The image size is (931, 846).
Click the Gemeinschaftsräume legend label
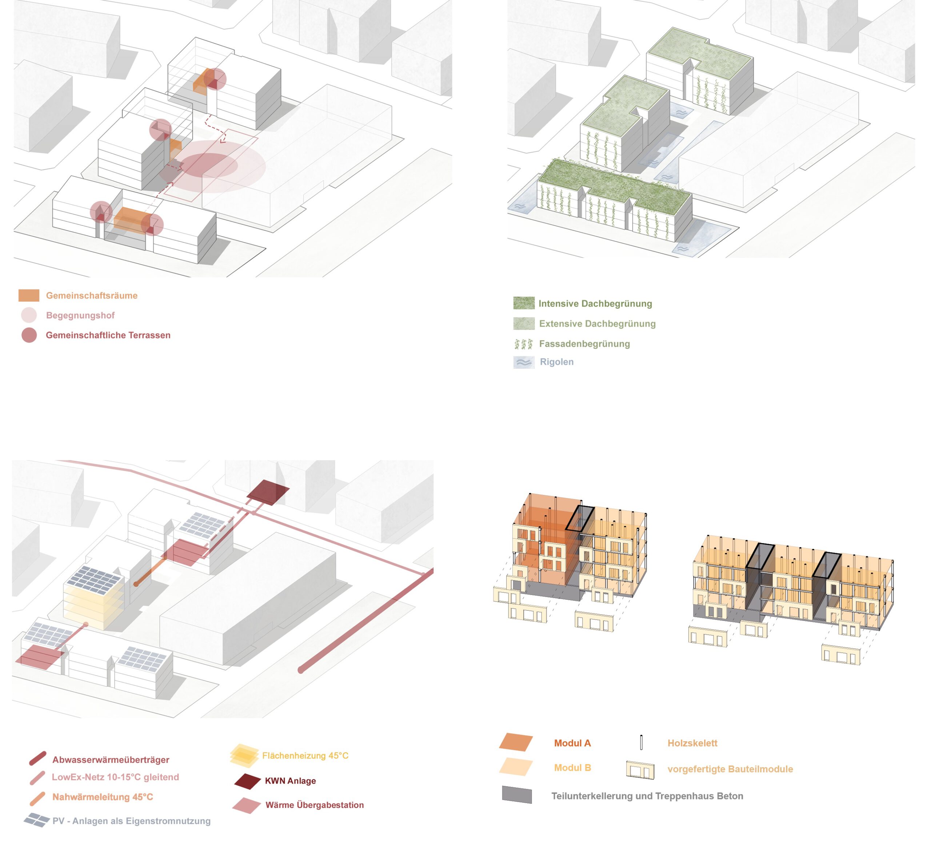pos(91,296)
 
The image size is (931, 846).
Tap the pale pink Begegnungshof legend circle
pos(29,315)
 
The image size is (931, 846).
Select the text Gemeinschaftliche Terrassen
pos(108,335)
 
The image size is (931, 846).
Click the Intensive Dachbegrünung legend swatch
pos(524,303)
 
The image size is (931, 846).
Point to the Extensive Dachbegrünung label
pos(597,324)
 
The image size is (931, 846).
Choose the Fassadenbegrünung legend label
pos(584,344)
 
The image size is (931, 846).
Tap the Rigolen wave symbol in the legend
pos(524,362)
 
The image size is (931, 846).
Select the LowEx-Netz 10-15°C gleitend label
pos(115,777)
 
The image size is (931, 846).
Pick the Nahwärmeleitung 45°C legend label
pos(102,797)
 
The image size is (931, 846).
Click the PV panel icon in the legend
pos(37,820)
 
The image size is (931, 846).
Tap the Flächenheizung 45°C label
pos(305,755)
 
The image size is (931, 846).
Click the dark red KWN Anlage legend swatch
pos(248,781)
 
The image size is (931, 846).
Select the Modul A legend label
pos(572,743)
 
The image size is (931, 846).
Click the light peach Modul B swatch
pos(516,767)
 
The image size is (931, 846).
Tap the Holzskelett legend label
pos(692,743)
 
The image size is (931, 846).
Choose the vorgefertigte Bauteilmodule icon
pos(640,769)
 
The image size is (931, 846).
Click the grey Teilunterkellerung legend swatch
pos(517,795)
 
